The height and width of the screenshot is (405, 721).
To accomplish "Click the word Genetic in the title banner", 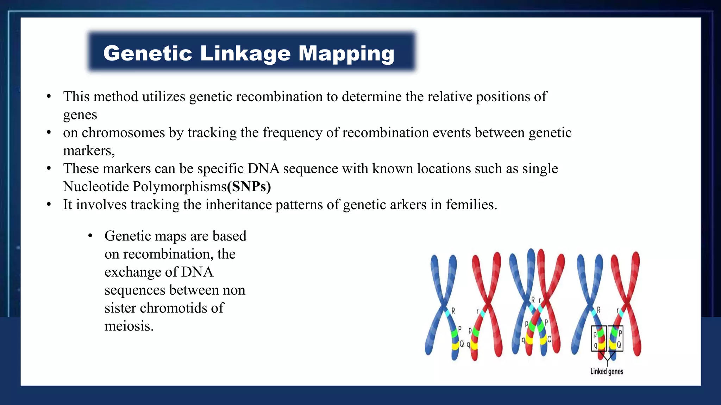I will pyautogui.click(x=148, y=53).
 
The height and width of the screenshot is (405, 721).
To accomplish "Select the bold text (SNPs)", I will pyautogui.click(x=249, y=187).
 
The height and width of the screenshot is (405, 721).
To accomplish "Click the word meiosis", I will pyautogui.click(x=129, y=326).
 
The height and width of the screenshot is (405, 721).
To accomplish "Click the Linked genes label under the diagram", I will pyautogui.click(x=607, y=372).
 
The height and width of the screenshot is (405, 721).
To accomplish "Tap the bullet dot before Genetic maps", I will pyautogui.click(x=90, y=236).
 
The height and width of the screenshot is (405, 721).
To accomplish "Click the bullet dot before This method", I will pyautogui.click(x=49, y=97).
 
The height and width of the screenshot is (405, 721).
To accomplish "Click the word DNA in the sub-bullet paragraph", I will pyautogui.click(x=197, y=272).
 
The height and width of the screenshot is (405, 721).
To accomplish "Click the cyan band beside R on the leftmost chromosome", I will pyautogui.click(x=447, y=312).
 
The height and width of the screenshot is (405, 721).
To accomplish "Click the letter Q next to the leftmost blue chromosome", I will pyautogui.click(x=462, y=344).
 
